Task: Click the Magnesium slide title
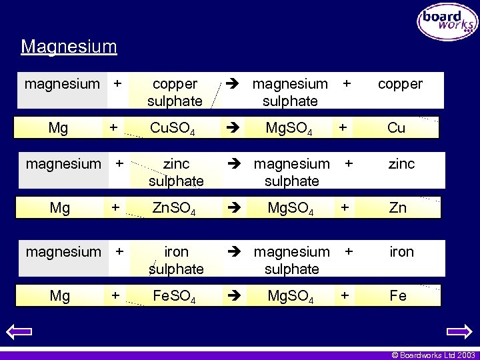click(x=69, y=47)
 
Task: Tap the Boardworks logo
click(x=447, y=23)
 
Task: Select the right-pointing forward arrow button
click(x=459, y=331)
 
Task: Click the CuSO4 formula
click(x=173, y=128)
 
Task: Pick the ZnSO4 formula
click(x=173, y=208)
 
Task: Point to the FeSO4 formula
click(x=173, y=296)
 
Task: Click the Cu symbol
click(x=396, y=128)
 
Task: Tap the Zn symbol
click(x=397, y=208)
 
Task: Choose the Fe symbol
click(x=398, y=296)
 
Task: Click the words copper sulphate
click(x=175, y=93)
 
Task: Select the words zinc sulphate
click(x=176, y=172)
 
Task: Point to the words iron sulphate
click(x=176, y=260)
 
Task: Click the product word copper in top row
click(x=400, y=84)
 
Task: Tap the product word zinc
click(x=401, y=163)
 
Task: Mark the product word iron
click(x=402, y=251)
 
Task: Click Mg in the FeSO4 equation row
click(x=60, y=296)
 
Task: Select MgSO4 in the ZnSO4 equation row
click(x=291, y=208)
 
